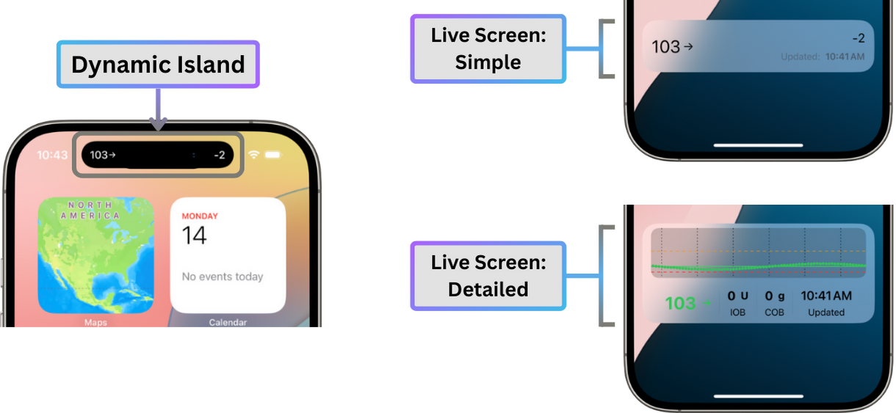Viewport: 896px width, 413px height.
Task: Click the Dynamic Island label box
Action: pos(157,65)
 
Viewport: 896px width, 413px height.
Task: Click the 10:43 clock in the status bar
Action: pos(52,156)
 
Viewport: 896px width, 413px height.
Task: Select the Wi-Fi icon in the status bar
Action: pos(254,155)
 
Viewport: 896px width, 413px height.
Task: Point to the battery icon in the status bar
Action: pos(274,155)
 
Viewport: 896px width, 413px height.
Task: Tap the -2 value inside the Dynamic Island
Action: pos(219,155)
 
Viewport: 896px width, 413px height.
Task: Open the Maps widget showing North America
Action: pos(95,255)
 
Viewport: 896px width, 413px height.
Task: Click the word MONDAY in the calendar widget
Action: pos(200,216)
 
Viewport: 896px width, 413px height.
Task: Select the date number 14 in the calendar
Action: pos(195,235)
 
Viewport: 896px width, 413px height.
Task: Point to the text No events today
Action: pos(223,277)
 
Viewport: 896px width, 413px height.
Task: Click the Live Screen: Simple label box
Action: pos(488,48)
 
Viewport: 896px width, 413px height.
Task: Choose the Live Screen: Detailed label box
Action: pos(488,275)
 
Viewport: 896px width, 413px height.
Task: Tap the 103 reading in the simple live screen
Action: pos(666,47)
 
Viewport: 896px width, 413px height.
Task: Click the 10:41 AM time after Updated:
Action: pos(845,56)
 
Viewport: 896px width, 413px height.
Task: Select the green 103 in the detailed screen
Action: pos(681,303)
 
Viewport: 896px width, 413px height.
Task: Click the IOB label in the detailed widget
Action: pos(737,313)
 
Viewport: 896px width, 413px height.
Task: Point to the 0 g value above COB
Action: pos(774,296)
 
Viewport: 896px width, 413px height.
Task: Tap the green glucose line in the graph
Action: pos(756,266)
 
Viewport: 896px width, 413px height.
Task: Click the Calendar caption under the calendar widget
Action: pos(228,322)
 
